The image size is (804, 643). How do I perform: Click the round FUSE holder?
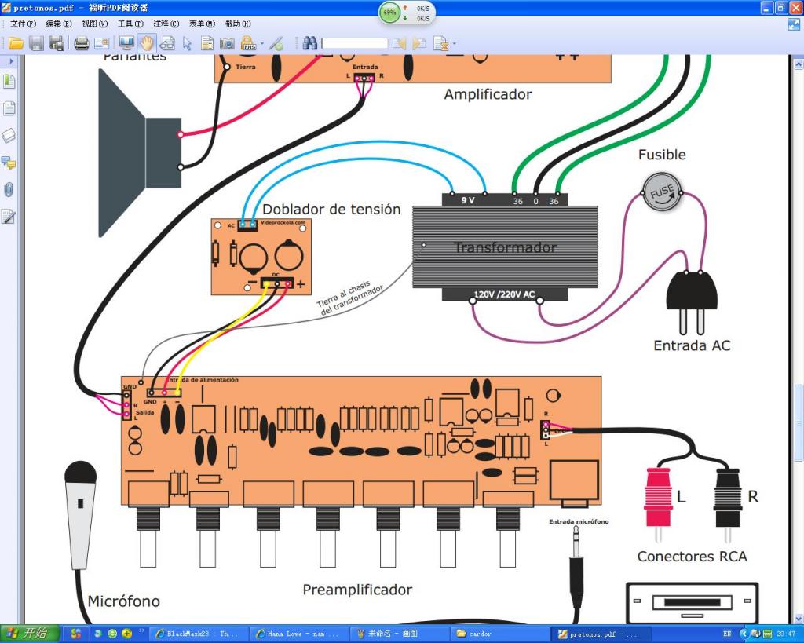tap(663, 192)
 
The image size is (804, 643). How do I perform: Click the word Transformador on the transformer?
tap(505, 247)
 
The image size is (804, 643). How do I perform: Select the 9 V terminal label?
tap(468, 200)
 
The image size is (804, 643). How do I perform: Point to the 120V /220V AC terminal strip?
tap(504, 295)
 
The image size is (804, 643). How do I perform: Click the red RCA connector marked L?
tap(659, 497)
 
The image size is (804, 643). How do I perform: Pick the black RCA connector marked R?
tap(728, 497)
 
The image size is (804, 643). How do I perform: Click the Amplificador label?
tap(488, 94)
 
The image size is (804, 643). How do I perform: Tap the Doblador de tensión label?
tap(331, 210)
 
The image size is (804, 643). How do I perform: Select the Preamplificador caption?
tap(357, 590)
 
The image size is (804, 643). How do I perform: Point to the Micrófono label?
tap(123, 601)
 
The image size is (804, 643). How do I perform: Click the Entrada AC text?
tap(692, 345)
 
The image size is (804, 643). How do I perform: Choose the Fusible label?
tap(662, 155)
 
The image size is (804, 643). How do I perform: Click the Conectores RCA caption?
tap(692, 557)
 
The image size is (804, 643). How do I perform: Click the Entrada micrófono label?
tap(579, 521)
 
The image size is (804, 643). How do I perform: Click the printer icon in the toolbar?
tap(81, 43)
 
